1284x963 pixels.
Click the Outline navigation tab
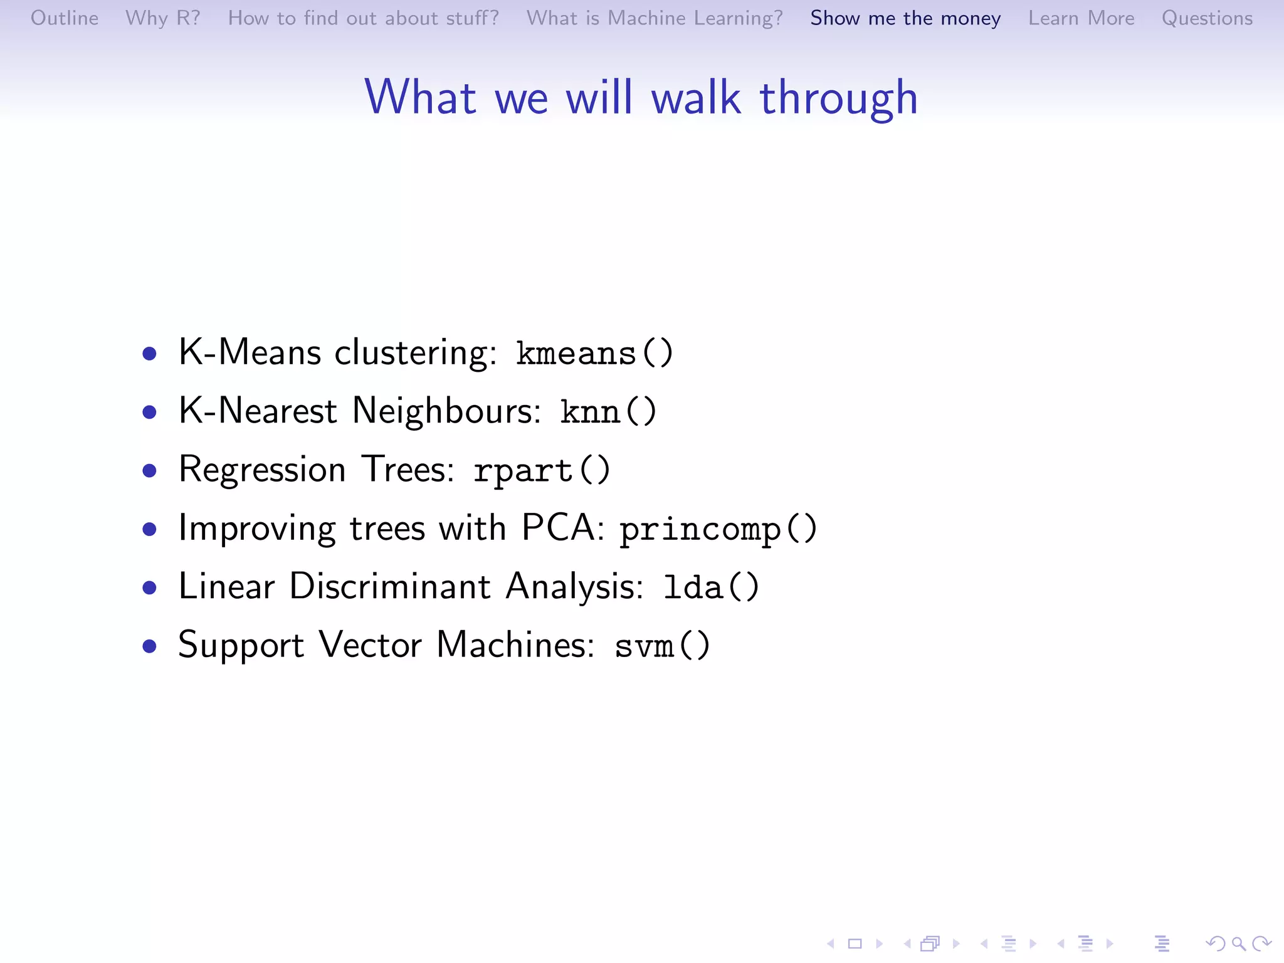click(65, 18)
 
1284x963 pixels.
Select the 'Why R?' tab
click(162, 18)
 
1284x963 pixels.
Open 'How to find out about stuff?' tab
click(363, 18)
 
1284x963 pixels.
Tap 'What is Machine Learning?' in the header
click(655, 18)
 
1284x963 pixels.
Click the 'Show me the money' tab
click(905, 18)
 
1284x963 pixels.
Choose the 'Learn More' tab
click(1081, 18)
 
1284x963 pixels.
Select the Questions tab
click(1207, 18)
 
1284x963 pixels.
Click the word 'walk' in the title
click(697, 98)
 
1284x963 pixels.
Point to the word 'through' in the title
click(838, 99)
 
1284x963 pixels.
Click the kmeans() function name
click(594, 353)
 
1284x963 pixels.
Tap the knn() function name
click(608, 412)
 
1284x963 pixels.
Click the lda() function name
click(711, 587)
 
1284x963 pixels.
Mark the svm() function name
click(662, 646)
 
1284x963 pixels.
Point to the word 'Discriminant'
click(389, 587)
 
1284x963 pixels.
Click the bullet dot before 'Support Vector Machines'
click(149, 646)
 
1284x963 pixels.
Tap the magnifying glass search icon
click(1238, 943)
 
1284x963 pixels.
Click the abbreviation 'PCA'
click(562, 528)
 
